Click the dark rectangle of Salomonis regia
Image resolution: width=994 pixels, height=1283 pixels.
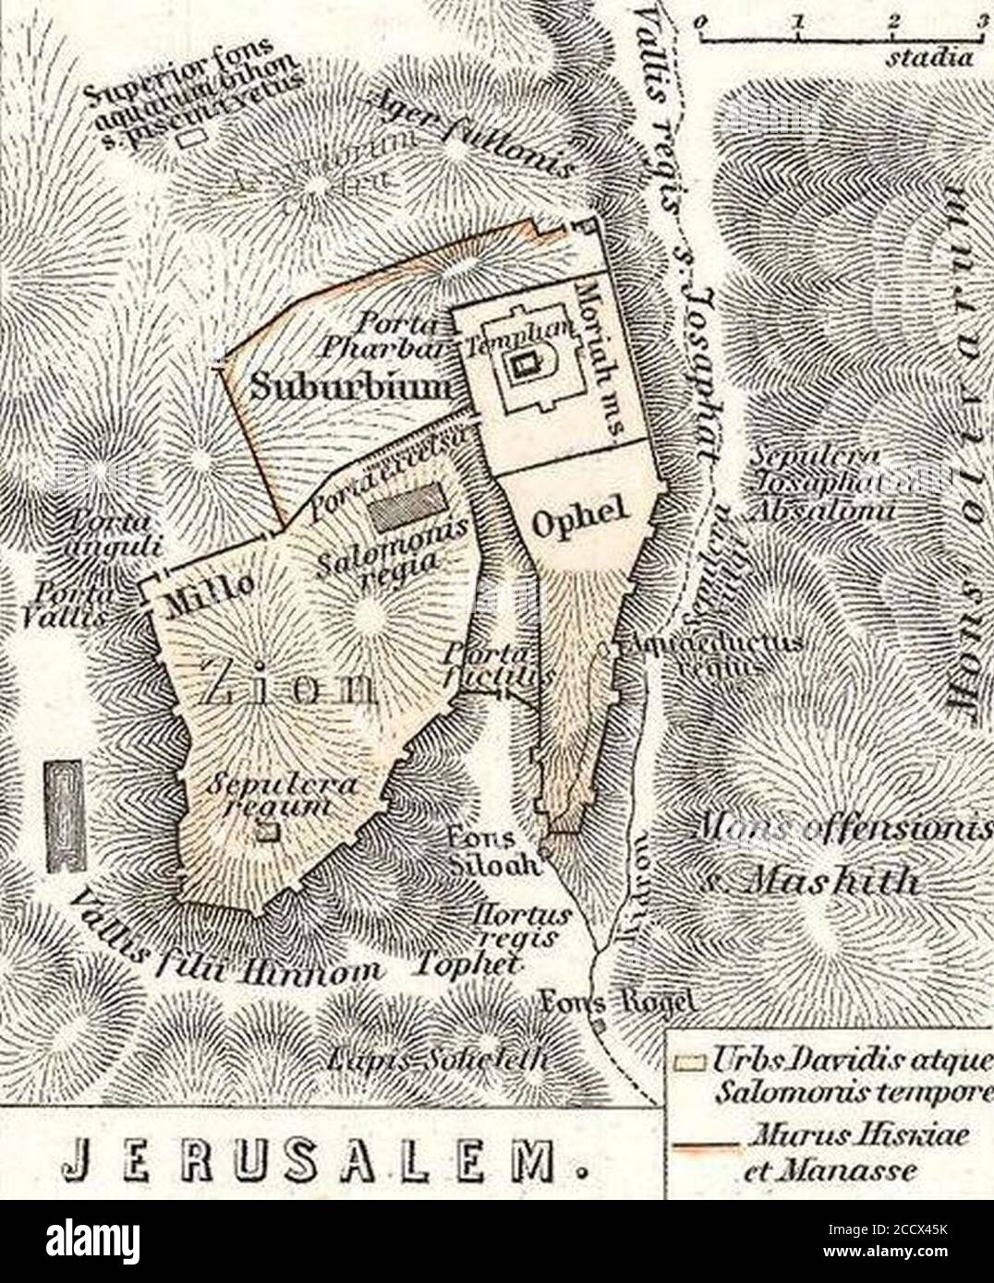[x=409, y=508]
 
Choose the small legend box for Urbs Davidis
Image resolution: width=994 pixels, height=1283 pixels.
[x=683, y=1062]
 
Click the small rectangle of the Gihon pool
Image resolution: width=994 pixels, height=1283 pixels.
[x=192, y=138]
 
